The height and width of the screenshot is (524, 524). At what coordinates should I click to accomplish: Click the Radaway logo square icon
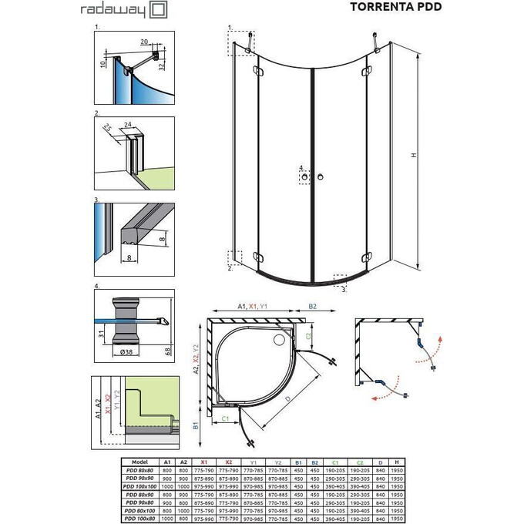coord(157,10)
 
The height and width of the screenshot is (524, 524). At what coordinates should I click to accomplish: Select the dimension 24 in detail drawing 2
coord(128,123)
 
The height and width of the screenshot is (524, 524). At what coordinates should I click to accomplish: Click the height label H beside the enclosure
coord(413,156)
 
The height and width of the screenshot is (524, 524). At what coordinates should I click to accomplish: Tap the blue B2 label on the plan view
coord(314,305)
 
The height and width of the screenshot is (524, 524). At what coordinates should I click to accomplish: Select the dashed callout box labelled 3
coord(339,279)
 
